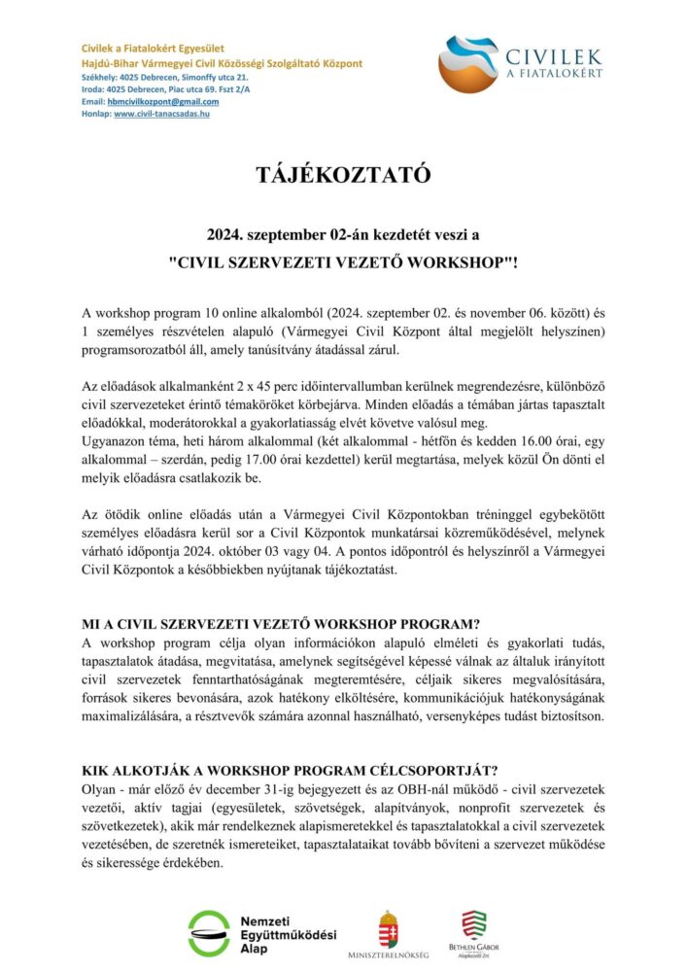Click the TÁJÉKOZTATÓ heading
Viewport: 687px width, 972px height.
pos(342,176)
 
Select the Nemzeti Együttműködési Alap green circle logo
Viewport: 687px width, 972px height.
pos(209,933)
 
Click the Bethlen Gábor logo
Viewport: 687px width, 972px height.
pos(474,928)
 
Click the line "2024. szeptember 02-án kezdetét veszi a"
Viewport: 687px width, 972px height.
pos(343,235)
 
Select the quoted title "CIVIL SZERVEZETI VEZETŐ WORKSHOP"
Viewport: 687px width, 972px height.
pos(342,261)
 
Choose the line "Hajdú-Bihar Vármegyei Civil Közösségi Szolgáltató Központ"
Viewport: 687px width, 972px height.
pos(222,63)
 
